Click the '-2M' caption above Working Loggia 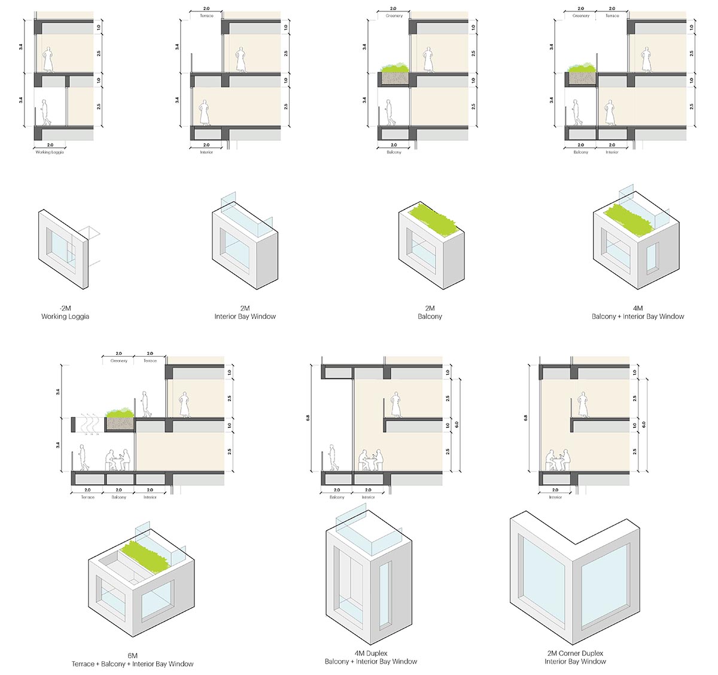[x=65, y=308]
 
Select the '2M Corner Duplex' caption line [x=575, y=653]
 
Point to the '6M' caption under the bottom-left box [x=132, y=655]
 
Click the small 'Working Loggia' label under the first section [x=49, y=153]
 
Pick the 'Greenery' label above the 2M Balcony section [x=394, y=16]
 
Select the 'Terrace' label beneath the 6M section [x=87, y=497]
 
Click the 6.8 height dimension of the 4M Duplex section [x=308, y=418]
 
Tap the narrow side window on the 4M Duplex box [x=384, y=592]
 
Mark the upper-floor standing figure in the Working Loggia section [x=48, y=60]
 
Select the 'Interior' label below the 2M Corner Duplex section [x=555, y=497]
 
